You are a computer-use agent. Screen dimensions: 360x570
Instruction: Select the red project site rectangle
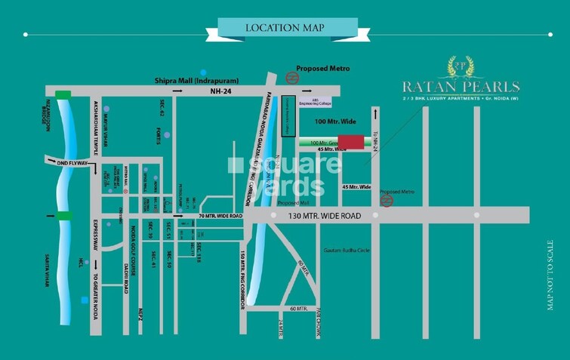coord(350,142)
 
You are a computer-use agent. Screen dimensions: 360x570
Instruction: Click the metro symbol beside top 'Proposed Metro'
coord(291,76)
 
